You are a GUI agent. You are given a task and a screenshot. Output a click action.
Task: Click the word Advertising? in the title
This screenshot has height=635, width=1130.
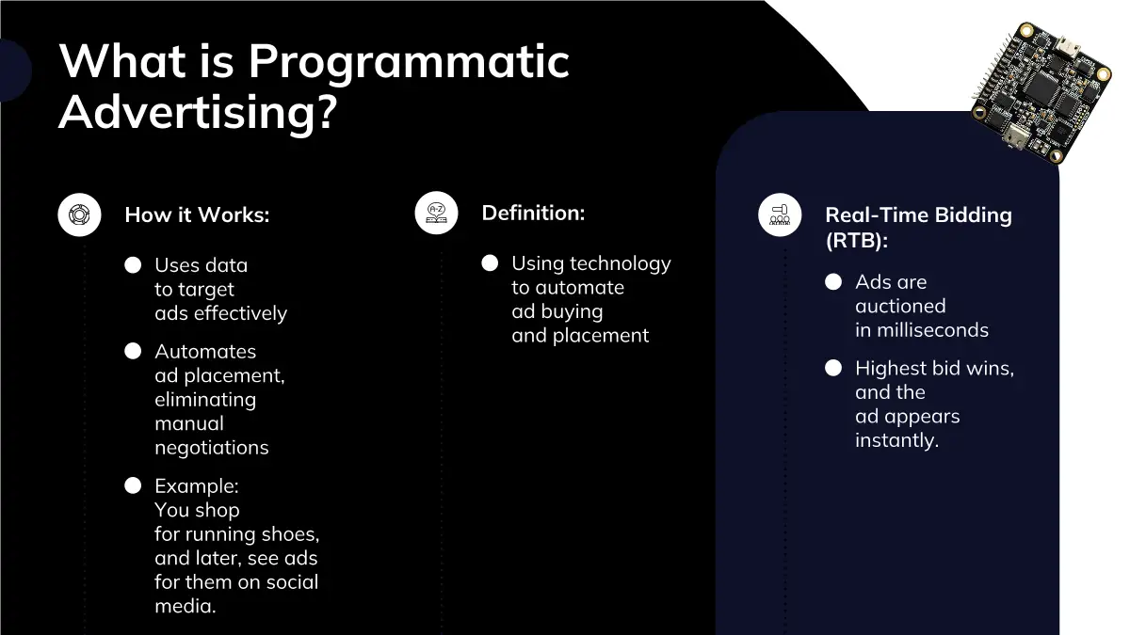[198, 112]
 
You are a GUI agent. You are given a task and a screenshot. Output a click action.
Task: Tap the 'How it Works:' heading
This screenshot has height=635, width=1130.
[197, 214]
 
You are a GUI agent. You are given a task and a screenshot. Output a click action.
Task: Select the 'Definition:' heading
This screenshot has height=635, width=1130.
[533, 213]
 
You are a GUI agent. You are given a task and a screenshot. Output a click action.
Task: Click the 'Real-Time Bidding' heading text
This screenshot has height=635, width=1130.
[919, 214]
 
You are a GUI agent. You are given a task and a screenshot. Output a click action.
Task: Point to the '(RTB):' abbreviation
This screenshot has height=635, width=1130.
[857, 240]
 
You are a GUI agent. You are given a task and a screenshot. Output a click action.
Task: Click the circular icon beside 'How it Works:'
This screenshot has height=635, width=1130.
[79, 214]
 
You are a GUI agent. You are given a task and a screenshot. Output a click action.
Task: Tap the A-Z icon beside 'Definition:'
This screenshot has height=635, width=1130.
[436, 213]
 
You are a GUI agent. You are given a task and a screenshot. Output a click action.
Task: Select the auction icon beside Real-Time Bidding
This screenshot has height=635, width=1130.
[780, 214]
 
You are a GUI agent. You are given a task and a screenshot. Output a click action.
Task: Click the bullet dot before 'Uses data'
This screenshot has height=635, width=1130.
[133, 265]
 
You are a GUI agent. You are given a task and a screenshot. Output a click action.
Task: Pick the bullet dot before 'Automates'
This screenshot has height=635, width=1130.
[133, 351]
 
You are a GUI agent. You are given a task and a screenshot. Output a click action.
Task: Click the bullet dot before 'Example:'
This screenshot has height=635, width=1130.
[133, 485]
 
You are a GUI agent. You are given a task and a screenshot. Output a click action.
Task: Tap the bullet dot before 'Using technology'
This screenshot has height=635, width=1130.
[490, 263]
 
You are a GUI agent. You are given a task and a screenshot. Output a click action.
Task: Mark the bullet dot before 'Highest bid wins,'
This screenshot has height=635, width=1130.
[833, 368]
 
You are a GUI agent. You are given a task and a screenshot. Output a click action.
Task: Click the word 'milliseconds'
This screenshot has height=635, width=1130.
[933, 330]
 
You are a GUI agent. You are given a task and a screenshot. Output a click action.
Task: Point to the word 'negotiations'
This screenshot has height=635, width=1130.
[212, 448]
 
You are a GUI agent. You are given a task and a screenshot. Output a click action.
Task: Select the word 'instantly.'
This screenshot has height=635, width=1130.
[896, 440]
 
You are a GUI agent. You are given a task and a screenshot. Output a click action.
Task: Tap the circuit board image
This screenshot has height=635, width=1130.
[1041, 93]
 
